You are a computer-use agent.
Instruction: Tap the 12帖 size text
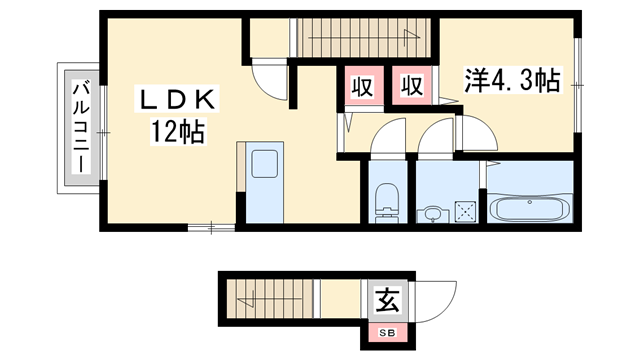[x=178, y=131]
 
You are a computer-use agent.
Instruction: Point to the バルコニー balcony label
[x=80, y=127]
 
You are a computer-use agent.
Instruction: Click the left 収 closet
[x=363, y=86]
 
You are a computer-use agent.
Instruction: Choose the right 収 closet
[x=410, y=86]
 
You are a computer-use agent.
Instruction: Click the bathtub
[x=530, y=208]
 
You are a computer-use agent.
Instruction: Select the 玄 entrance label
[x=385, y=298]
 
